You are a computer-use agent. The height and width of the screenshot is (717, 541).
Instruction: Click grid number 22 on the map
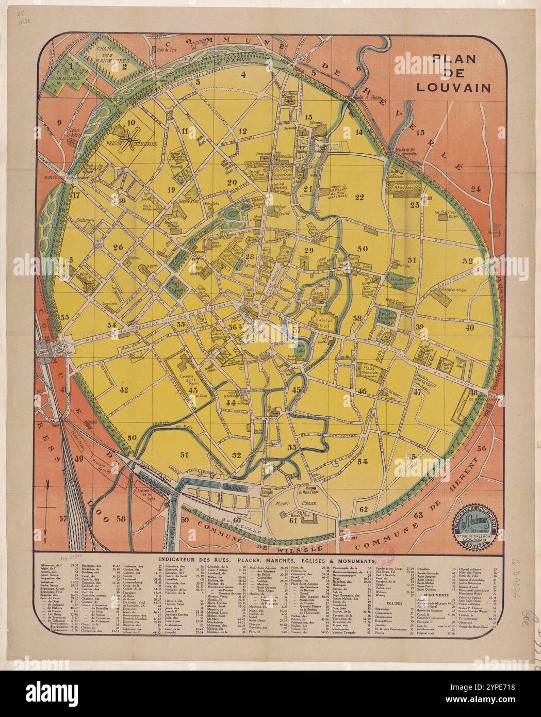[359, 197]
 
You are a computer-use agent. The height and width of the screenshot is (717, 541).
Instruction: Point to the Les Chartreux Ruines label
[447, 214]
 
